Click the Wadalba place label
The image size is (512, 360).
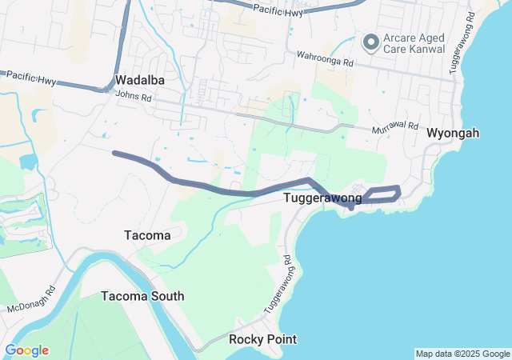140,81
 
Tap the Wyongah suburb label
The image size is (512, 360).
453,133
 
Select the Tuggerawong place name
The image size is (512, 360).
322,197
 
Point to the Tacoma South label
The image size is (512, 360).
142,296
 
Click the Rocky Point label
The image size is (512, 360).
262,339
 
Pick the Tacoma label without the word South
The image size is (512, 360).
148,235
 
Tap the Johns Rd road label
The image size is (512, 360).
133,95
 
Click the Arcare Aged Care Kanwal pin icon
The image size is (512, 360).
370,42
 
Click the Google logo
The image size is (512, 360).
26,350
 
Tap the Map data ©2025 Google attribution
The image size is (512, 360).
462,354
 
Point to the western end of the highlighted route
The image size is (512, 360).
116,153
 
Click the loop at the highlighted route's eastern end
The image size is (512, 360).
384,194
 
